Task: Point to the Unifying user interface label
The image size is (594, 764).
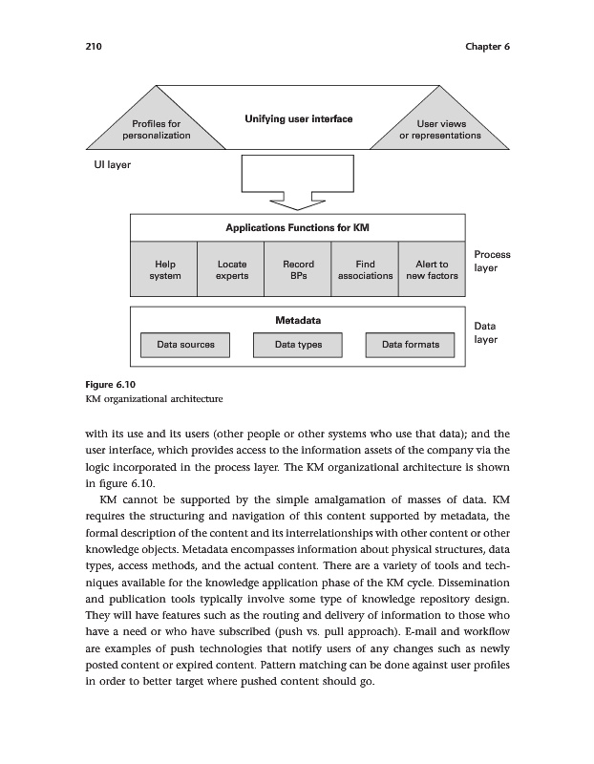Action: (298, 119)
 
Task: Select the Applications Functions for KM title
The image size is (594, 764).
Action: (297, 228)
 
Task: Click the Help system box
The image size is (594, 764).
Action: (164, 270)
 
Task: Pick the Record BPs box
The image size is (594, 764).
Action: (297, 270)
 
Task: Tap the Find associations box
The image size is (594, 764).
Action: (364, 270)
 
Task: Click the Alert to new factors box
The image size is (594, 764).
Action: (432, 270)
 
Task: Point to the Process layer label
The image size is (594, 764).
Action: (491, 262)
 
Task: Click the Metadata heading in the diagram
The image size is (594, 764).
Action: (297, 320)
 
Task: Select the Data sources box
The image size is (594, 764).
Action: (186, 345)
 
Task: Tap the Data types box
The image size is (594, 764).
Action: (298, 345)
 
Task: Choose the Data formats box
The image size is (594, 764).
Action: (411, 345)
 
